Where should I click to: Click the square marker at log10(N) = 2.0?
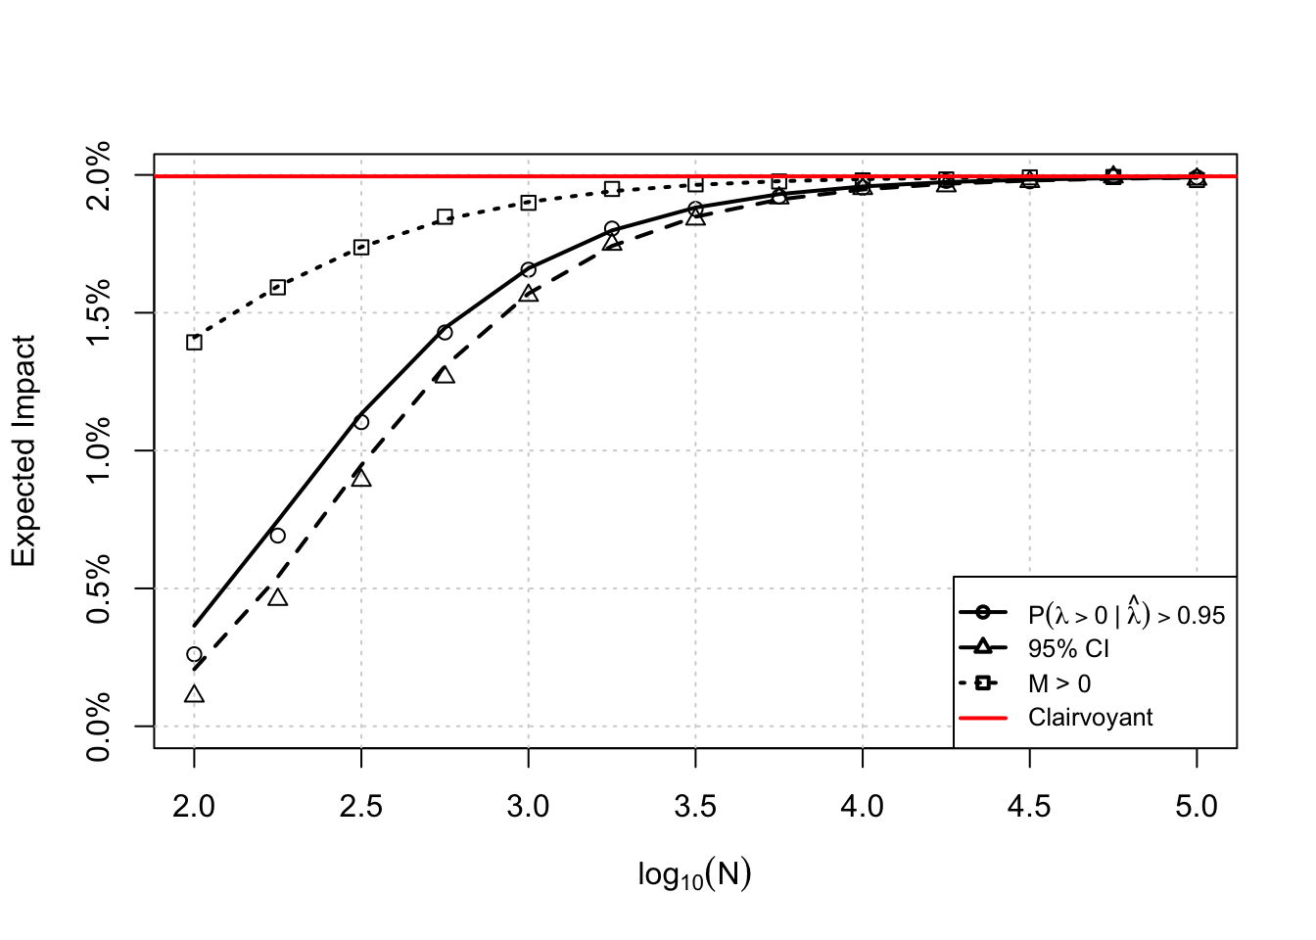[194, 342]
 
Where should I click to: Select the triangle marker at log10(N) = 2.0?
[194, 694]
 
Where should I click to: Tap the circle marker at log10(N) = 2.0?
[194, 654]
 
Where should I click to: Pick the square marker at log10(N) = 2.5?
[361, 247]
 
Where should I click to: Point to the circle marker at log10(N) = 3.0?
[529, 269]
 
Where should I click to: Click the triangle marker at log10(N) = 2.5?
[361, 478]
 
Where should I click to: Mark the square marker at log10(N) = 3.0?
[529, 203]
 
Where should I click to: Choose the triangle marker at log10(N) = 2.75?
[445, 375]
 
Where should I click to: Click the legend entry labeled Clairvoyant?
[1090, 718]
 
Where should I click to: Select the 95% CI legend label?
[1068, 649]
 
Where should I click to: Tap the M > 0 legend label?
[1058, 683]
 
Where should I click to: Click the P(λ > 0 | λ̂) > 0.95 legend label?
[1126, 614]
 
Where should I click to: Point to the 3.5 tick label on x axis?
[695, 807]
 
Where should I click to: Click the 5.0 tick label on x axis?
[1197, 807]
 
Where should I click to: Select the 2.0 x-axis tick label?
[194, 807]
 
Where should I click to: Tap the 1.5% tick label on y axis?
[99, 313]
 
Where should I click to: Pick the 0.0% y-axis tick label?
[99, 727]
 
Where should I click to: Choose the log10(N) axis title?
[694, 874]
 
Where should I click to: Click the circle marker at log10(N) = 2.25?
[278, 536]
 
